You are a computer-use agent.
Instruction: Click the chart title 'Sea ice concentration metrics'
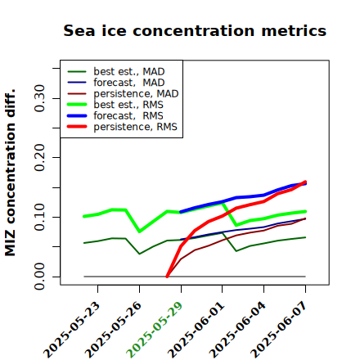195,30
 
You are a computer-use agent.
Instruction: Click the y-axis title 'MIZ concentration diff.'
11,173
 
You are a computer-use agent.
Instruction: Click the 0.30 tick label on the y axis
40,98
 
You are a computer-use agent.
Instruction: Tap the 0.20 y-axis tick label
40,158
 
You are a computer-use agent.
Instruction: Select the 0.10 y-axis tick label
40,217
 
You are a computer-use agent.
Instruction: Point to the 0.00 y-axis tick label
40,277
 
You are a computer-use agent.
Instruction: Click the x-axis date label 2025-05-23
72,330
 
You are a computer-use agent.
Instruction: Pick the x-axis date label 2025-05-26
114,330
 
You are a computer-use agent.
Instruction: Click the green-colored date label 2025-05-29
155,330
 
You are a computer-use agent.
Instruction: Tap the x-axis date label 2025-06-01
196,330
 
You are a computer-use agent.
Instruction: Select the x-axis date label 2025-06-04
237,330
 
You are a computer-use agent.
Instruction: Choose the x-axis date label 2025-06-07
279,330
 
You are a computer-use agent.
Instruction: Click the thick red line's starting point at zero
167,277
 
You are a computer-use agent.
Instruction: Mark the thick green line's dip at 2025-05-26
140,232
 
